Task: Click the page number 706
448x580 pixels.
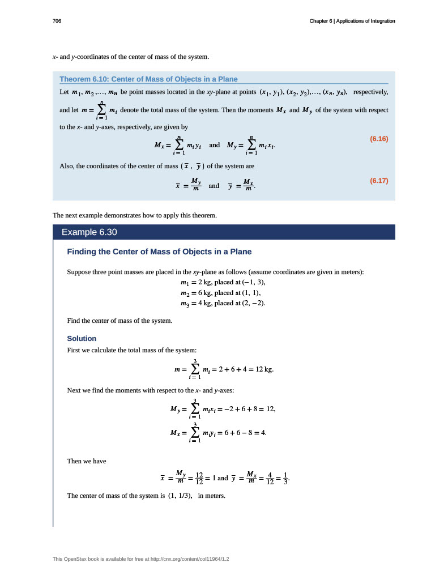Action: point(57,21)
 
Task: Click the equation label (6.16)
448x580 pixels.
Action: point(378,138)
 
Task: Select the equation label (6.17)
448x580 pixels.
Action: point(378,181)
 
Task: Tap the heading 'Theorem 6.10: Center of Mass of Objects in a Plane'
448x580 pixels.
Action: point(148,79)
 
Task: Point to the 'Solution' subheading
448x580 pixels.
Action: point(82,338)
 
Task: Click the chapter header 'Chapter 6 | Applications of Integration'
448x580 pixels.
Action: point(352,21)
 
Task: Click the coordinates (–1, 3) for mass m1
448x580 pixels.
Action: point(253,282)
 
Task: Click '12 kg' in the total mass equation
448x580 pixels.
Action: point(264,370)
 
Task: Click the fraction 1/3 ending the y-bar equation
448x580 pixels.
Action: point(285,478)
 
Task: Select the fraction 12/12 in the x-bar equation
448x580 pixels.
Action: point(199,478)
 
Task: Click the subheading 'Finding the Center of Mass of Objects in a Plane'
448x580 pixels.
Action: point(159,251)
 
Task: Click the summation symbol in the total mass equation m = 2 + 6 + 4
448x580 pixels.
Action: point(194,369)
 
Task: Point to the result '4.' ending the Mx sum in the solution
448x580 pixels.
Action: point(263,433)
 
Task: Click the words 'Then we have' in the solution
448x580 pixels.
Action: point(87,461)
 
